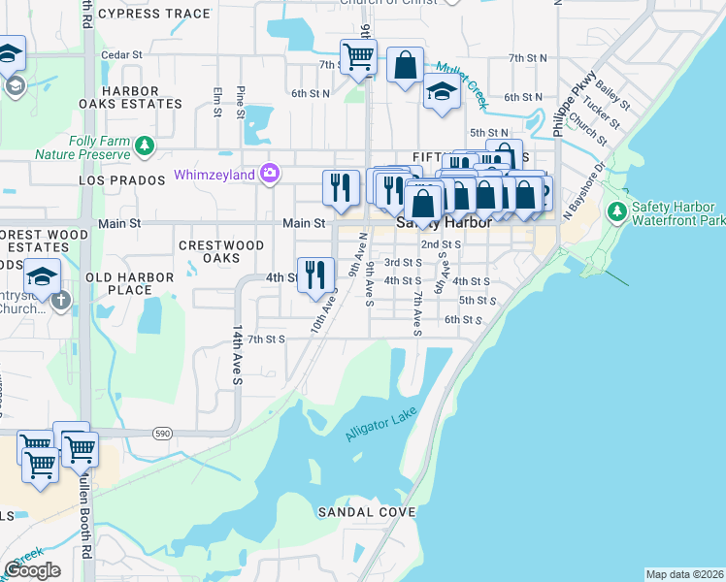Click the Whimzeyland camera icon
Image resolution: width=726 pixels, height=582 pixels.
tap(270, 175)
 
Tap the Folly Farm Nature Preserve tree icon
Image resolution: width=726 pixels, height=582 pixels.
tap(145, 145)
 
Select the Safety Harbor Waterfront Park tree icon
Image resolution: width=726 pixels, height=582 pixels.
tap(615, 211)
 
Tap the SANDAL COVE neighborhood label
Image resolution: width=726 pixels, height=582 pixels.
tap(367, 511)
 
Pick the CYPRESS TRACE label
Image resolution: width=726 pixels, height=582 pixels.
tap(154, 14)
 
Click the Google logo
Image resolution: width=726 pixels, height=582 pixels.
tap(32, 570)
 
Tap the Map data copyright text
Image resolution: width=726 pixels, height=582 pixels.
tap(684, 574)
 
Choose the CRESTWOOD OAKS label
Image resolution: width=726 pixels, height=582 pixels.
tap(222, 252)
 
